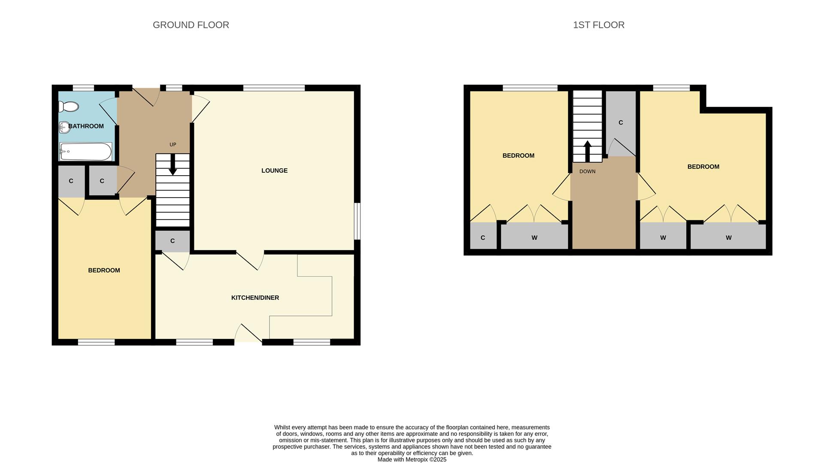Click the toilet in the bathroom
tap(69, 106)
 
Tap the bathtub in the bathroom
tap(86, 152)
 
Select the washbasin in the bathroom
tap(64, 127)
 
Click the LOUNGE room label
tap(274, 171)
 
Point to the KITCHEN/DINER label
tap(255, 298)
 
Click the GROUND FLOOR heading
tap(191, 25)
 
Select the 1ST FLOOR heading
tap(599, 25)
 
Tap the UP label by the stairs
tap(173, 145)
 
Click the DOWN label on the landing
tap(587, 171)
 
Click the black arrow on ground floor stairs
tap(173, 165)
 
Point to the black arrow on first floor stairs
tap(588, 151)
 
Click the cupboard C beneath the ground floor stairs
tap(173, 241)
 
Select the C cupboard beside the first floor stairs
tap(621, 123)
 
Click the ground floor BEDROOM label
tap(104, 270)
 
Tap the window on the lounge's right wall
tap(357, 221)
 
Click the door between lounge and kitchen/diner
tap(250, 260)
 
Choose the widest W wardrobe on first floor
tap(728, 238)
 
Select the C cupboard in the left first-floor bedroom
tap(483, 238)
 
